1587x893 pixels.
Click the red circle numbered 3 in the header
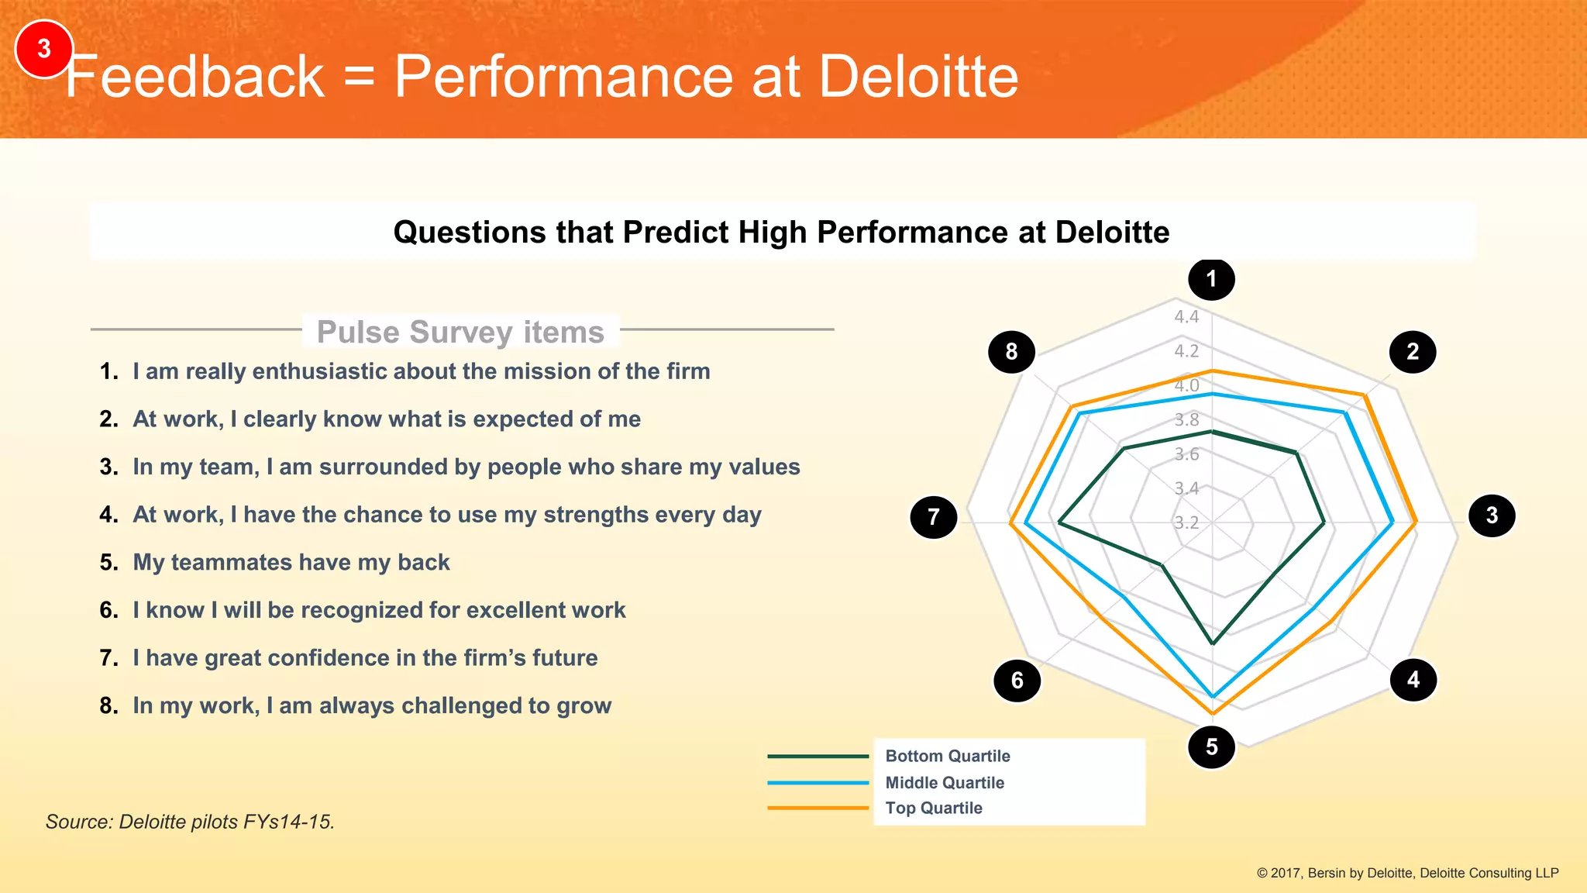pyautogui.click(x=44, y=49)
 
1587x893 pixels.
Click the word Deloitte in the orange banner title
pyautogui.click(x=918, y=77)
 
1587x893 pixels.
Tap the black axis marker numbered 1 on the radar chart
pyautogui.click(x=1211, y=279)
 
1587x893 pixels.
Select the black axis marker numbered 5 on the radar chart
pyautogui.click(x=1211, y=746)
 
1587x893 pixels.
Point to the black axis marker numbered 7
pyautogui.click(x=933, y=517)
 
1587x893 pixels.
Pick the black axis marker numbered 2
pyautogui.click(x=1412, y=352)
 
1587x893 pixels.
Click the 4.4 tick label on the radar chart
pyautogui.click(x=1186, y=316)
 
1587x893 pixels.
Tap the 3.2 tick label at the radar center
pyautogui.click(x=1186, y=522)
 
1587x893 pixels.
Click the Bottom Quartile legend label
pyautogui.click(x=947, y=756)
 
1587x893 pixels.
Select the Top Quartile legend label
pyautogui.click(x=933, y=808)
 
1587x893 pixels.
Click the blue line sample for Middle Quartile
pyautogui.click(x=818, y=783)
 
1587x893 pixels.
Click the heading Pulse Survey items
pyautogui.click(x=460, y=332)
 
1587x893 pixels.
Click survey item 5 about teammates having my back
pyautogui.click(x=291, y=562)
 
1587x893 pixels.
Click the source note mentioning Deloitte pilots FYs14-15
pyautogui.click(x=190, y=822)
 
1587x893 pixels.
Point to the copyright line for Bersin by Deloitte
pyautogui.click(x=1406, y=873)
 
